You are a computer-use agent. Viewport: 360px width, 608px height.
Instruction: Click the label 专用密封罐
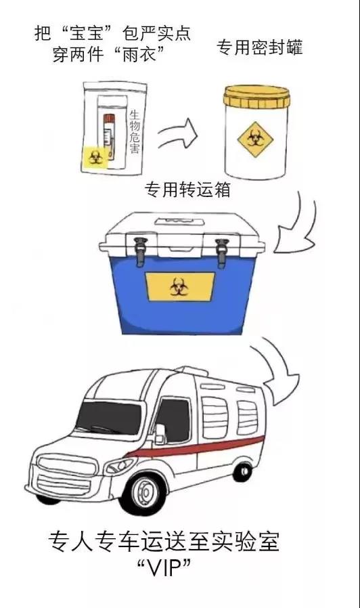pyautogui.click(x=259, y=47)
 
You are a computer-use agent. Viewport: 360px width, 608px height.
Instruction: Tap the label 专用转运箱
pyautogui.click(x=187, y=190)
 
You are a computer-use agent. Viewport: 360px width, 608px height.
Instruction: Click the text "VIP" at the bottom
pyautogui.click(x=164, y=570)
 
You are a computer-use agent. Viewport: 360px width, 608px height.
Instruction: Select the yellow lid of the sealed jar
pyautogui.click(x=256, y=96)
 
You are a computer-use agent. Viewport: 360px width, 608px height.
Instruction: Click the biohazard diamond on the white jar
pyautogui.click(x=255, y=139)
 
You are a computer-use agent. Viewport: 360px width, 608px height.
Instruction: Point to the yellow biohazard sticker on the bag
pyautogui.click(x=95, y=156)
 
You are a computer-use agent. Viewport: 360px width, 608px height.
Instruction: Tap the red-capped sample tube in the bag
pyautogui.click(x=109, y=136)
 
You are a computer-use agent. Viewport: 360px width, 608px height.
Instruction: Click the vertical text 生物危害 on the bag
pyautogui.click(x=135, y=132)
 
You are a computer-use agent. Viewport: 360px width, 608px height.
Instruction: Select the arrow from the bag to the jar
pyautogui.click(x=177, y=134)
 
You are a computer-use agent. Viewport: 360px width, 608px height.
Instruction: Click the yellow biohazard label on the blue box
pyautogui.click(x=180, y=287)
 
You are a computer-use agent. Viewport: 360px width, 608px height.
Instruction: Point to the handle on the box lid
pyautogui.click(x=179, y=221)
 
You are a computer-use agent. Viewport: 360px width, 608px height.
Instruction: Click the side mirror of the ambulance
pyautogui.click(x=160, y=433)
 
